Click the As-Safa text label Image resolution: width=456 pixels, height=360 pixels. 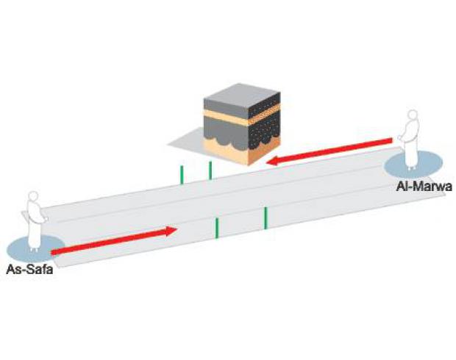click(x=29, y=270)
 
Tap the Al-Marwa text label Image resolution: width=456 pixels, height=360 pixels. click(x=424, y=186)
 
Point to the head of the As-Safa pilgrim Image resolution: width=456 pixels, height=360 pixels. click(x=33, y=196)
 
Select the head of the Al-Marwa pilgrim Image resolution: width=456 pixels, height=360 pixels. click(x=413, y=115)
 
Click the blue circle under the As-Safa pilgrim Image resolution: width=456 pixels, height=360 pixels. click(x=35, y=249)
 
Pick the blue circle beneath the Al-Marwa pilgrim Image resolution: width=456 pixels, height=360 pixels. click(x=413, y=165)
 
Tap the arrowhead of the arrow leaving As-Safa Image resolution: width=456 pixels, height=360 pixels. click(x=171, y=231)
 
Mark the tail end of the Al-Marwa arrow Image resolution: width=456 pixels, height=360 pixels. click(x=392, y=140)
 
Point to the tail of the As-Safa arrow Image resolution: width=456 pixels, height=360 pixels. click(x=52, y=252)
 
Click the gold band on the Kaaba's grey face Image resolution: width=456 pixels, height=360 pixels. click(x=226, y=117)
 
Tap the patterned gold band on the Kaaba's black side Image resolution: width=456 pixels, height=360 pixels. click(x=264, y=114)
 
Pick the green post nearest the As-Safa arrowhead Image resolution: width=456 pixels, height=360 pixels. click(x=217, y=228)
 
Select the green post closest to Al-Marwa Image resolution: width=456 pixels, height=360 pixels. click(x=266, y=218)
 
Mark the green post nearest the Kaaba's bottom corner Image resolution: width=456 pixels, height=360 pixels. click(x=210, y=170)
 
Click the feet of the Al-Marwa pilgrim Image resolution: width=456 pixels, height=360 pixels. click(x=411, y=168)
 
